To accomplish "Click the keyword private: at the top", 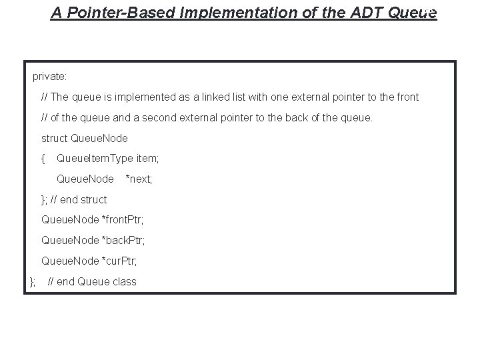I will pyautogui.click(x=49, y=77).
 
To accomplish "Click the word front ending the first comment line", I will pyautogui.click(x=406, y=97).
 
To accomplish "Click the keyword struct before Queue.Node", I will pyautogui.click(x=54, y=139).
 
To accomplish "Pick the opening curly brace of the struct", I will pyautogui.click(x=43, y=159).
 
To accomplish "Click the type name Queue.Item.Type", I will pyautogui.click(x=95, y=159).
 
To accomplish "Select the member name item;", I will pyautogui.click(x=147, y=159).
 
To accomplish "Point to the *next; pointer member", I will pyautogui.click(x=139, y=179).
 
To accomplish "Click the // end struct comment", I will pyautogui.click(x=79, y=199).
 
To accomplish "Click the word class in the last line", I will pyautogui.click(x=124, y=281).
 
